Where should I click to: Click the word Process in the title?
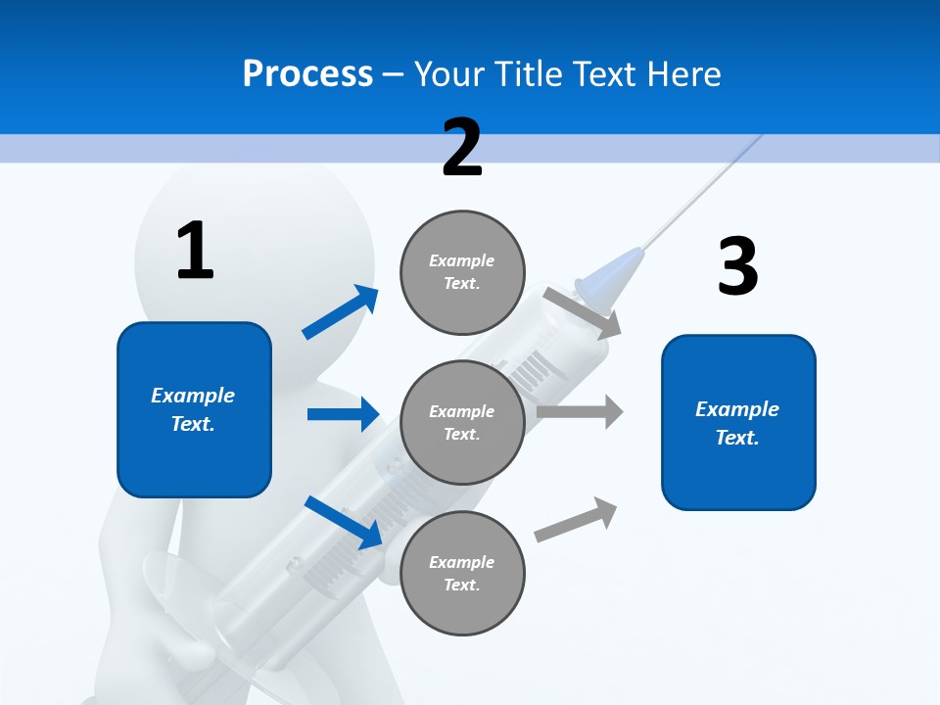(307, 74)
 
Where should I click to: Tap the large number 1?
(195, 252)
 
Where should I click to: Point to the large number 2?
(462, 147)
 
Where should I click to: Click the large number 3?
(737, 266)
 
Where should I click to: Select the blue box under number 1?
(194, 409)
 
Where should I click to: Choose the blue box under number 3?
(738, 422)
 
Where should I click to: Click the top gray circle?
(462, 272)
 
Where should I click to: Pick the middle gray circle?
(462, 422)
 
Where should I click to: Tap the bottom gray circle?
(462, 573)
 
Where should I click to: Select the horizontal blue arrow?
(343, 414)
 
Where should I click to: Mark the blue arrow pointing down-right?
(343, 522)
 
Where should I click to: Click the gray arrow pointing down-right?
(582, 312)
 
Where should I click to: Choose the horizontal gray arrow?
(579, 411)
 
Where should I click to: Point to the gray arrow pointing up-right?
(576, 520)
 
